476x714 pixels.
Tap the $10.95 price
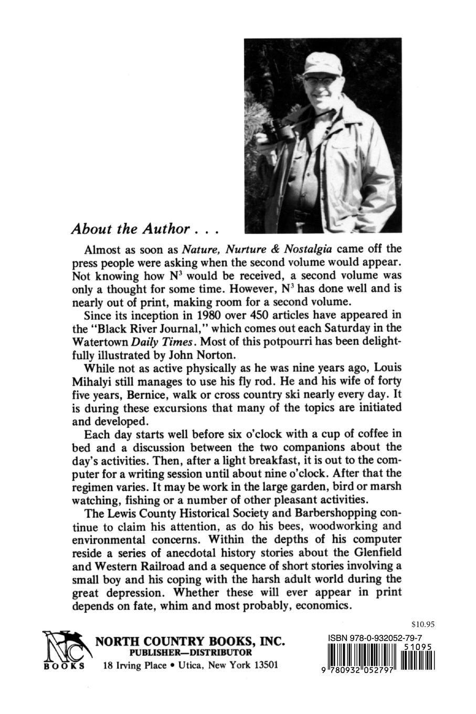point(424,625)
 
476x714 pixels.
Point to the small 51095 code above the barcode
point(418,648)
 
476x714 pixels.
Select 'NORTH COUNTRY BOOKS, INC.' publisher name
point(189,642)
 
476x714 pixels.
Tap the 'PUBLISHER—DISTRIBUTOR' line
point(191,653)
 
